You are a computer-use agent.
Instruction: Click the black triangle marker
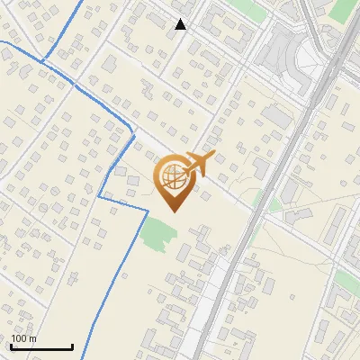tap(181, 24)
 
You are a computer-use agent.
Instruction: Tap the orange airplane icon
tap(198, 165)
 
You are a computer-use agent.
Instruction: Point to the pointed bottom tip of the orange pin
tap(174, 212)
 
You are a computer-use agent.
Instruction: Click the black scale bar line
tap(41, 347)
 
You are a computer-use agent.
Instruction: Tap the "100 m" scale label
tap(23, 338)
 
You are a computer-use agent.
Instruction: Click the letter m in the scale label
tap(33, 338)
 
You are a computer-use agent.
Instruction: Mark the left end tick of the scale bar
tap(11, 346)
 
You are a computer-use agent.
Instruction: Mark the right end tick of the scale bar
tap(72, 346)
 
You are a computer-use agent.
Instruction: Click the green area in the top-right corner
tap(344, 10)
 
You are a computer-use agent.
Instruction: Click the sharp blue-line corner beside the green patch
tap(147, 211)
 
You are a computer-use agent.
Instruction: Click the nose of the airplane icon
tap(211, 157)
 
